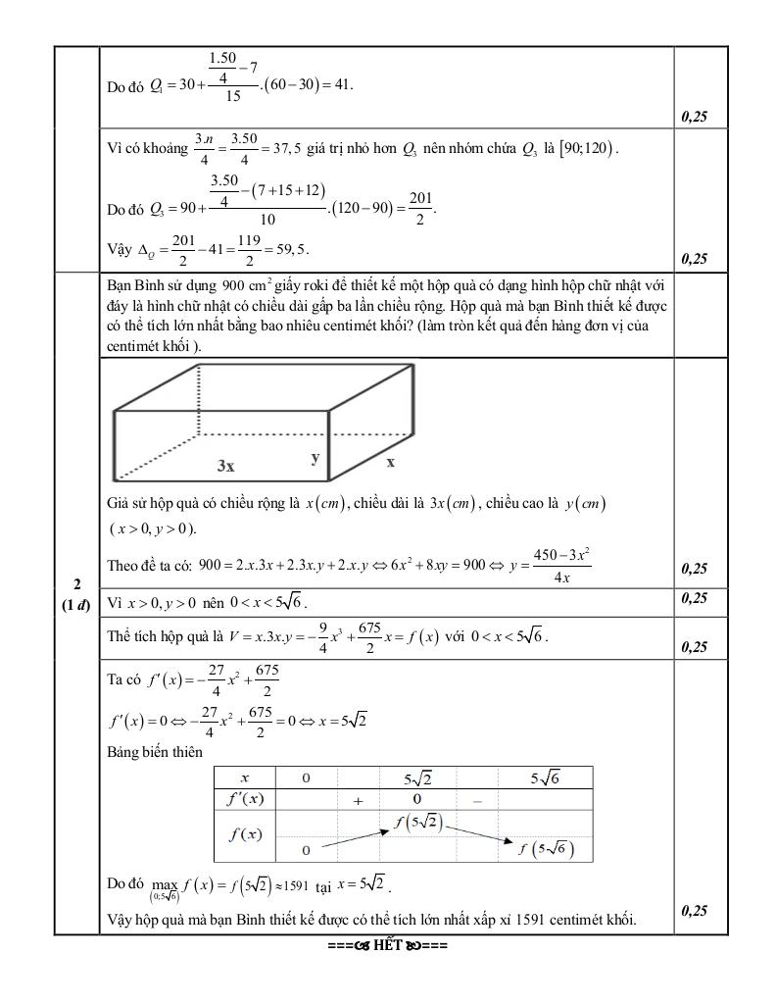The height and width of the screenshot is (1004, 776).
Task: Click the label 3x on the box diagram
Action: (x=225, y=467)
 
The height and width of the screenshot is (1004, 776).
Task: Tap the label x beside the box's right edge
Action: (x=390, y=461)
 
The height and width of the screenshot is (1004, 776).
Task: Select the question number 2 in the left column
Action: (x=76, y=584)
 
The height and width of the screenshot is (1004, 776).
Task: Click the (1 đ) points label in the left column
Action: (x=76, y=604)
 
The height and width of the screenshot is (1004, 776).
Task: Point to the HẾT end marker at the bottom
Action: (x=389, y=947)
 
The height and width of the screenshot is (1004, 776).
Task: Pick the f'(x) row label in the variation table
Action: (x=244, y=798)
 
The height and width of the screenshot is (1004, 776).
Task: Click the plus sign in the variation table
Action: (x=359, y=800)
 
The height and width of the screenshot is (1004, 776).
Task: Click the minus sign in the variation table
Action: (x=477, y=800)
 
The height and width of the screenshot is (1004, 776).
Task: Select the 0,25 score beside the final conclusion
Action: (x=694, y=911)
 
